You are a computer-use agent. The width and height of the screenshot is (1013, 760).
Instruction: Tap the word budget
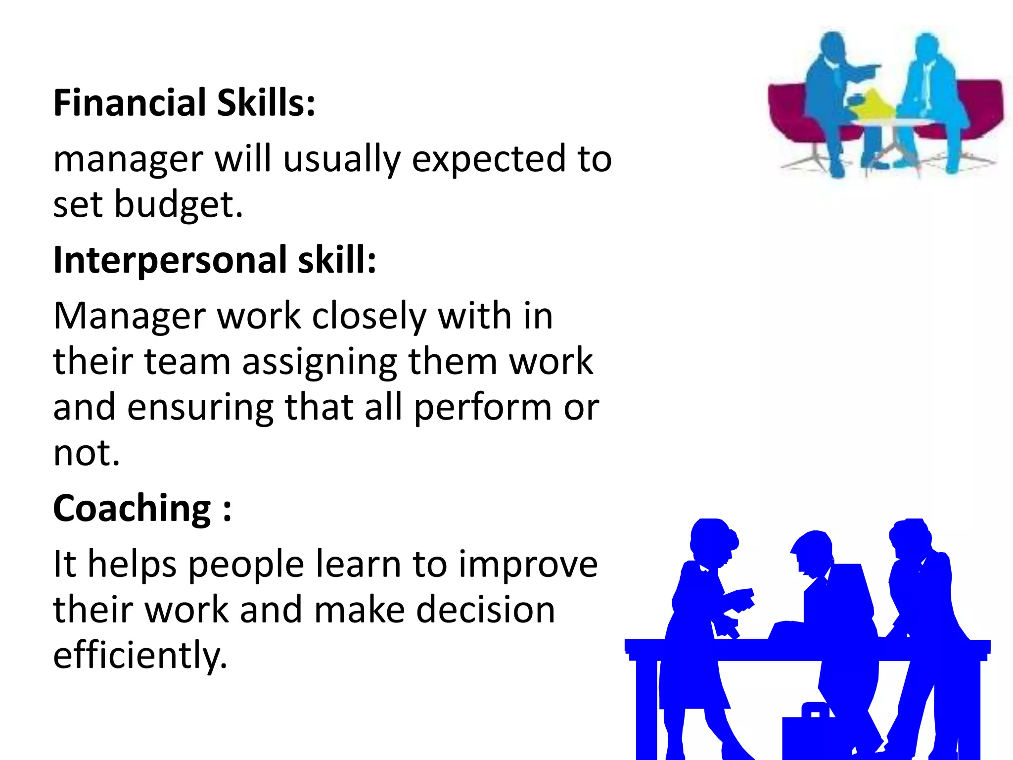179,204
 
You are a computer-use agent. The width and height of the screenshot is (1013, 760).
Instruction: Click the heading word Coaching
132,508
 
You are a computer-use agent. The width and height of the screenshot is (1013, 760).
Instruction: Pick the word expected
489,159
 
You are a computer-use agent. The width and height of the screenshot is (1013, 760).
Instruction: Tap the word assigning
320,362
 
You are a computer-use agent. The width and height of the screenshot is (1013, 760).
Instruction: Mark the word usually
342,159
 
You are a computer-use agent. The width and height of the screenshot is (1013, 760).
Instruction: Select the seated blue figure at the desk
836,609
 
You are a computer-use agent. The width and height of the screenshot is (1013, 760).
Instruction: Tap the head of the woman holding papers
712,539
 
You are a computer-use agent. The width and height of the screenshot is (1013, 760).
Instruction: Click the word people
246,565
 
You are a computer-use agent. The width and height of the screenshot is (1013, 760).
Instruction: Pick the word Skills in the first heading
266,103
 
